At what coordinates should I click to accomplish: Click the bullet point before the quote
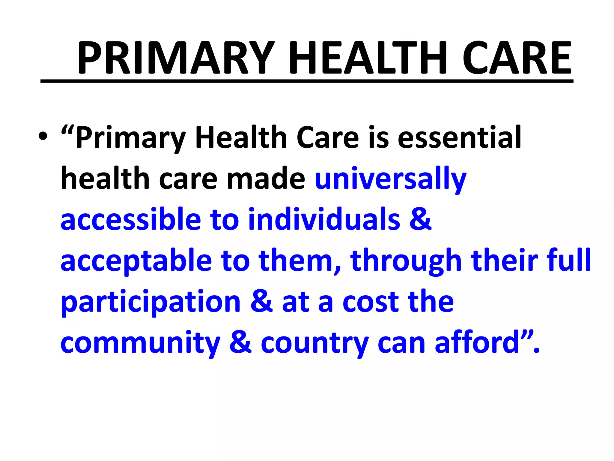(43, 137)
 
